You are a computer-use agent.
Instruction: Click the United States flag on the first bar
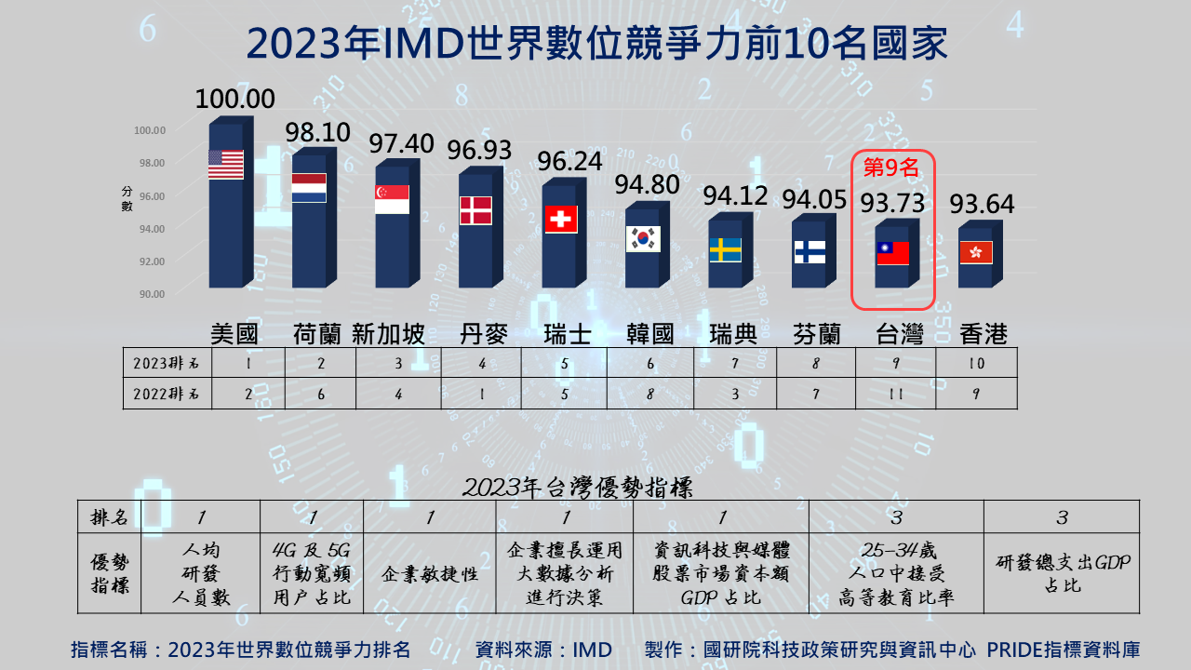pos(226,165)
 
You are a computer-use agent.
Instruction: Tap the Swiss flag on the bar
pos(560,219)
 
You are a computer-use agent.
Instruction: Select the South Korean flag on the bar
pos(643,238)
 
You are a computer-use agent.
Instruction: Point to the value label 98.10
pos(318,132)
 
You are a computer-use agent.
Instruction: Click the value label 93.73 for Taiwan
pos(891,203)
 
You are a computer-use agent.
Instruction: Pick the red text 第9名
pos(891,167)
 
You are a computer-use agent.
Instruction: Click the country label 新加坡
pos(388,334)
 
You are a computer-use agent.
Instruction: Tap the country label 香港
pos(984,334)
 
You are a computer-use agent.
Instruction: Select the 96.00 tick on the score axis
pos(150,196)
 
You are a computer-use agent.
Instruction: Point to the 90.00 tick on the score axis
pos(150,294)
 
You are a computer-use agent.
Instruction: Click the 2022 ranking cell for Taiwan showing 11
pos(895,394)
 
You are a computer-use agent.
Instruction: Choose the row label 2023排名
pos(167,363)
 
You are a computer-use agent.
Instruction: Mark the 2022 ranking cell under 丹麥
pos(482,394)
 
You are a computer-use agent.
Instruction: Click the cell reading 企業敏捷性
pos(430,574)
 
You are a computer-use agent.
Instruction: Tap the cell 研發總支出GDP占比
pos(1062,574)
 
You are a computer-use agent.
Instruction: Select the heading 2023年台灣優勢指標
pos(577,487)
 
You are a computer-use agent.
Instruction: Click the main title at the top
pos(595,43)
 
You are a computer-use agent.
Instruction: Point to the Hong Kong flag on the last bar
pos(975,252)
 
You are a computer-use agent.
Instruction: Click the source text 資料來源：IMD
pos(543,650)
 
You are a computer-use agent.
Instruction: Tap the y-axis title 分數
pos(127,198)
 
